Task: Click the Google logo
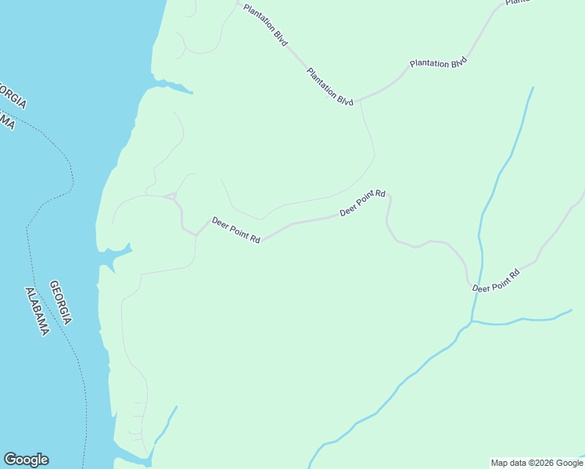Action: [26, 460]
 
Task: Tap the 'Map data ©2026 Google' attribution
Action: [537, 463]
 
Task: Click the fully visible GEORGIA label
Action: [61, 303]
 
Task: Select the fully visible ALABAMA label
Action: [37, 312]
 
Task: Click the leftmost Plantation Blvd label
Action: [265, 26]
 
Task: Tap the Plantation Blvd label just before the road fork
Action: [330, 87]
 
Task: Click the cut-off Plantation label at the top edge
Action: [518, 3]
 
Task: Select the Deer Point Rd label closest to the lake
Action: [235, 231]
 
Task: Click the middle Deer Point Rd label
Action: [363, 203]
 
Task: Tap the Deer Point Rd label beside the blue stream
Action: [496, 281]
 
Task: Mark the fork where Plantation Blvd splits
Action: [360, 100]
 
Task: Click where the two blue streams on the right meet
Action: [471, 321]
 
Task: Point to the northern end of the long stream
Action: [533, 88]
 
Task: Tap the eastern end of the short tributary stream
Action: [571, 310]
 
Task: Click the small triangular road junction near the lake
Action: [174, 195]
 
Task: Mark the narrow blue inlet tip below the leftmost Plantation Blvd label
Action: [192, 93]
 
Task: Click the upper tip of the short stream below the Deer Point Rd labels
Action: [177, 406]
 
